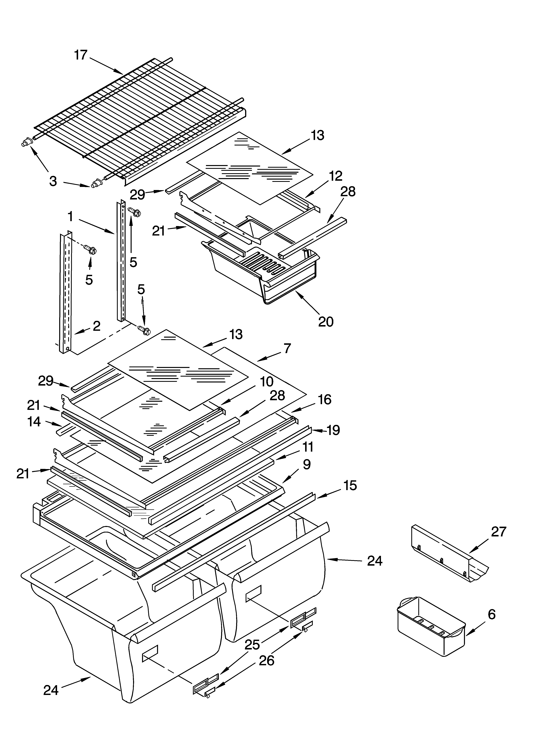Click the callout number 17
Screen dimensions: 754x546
pos(80,55)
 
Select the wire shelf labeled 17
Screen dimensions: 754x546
pos(140,120)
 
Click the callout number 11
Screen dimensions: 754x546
pos(308,447)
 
